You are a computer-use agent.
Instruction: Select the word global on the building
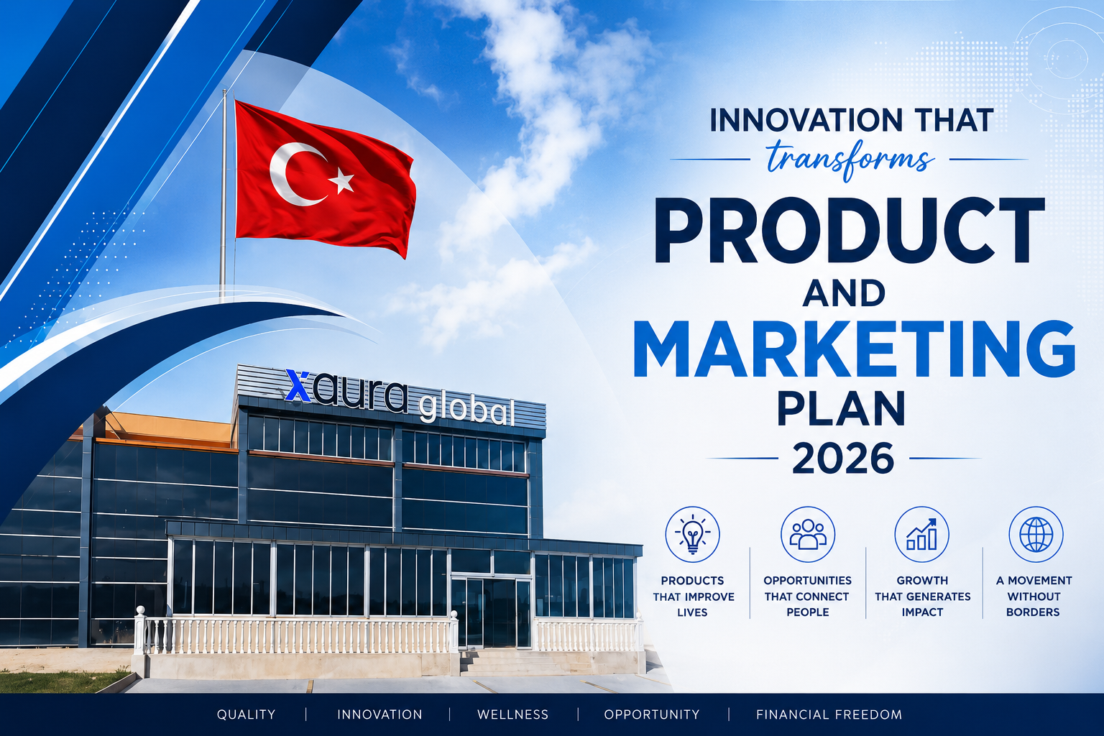click(x=466, y=409)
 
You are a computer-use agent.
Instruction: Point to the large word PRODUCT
click(x=849, y=230)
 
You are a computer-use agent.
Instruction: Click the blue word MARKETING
click(x=854, y=349)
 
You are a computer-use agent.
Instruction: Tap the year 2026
click(x=843, y=458)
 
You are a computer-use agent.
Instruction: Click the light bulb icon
click(x=692, y=534)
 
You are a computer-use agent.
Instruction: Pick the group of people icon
click(x=808, y=534)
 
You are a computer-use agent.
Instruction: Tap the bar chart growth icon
click(x=921, y=534)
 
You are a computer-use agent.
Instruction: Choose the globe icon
click(x=1036, y=534)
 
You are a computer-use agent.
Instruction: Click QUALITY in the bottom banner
click(x=246, y=714)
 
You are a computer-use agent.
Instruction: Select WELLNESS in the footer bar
click(x=512, y=714)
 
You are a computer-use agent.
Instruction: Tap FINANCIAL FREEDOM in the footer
click(x=829, y=714)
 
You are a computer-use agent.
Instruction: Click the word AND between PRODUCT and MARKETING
click(x=843, y=293)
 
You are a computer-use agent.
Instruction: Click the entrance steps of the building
click(x=512, y=662)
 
